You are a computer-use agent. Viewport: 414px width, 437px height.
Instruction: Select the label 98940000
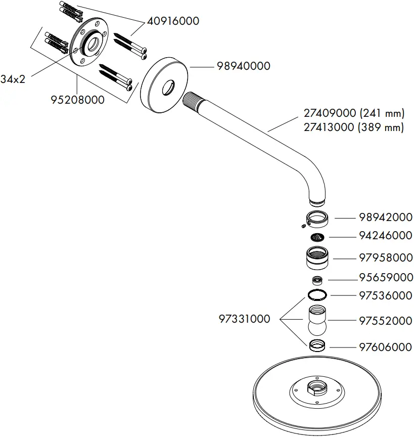(243, 66)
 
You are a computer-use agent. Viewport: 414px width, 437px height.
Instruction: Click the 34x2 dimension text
(13, 79)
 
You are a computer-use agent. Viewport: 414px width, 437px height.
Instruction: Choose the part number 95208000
(77, 100)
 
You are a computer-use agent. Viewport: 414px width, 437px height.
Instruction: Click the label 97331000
(244, 319)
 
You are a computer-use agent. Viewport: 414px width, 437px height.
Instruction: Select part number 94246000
(386, 236)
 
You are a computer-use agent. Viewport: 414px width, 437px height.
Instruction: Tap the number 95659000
(386, 278)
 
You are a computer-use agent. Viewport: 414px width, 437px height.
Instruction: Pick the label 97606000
(386, 347)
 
